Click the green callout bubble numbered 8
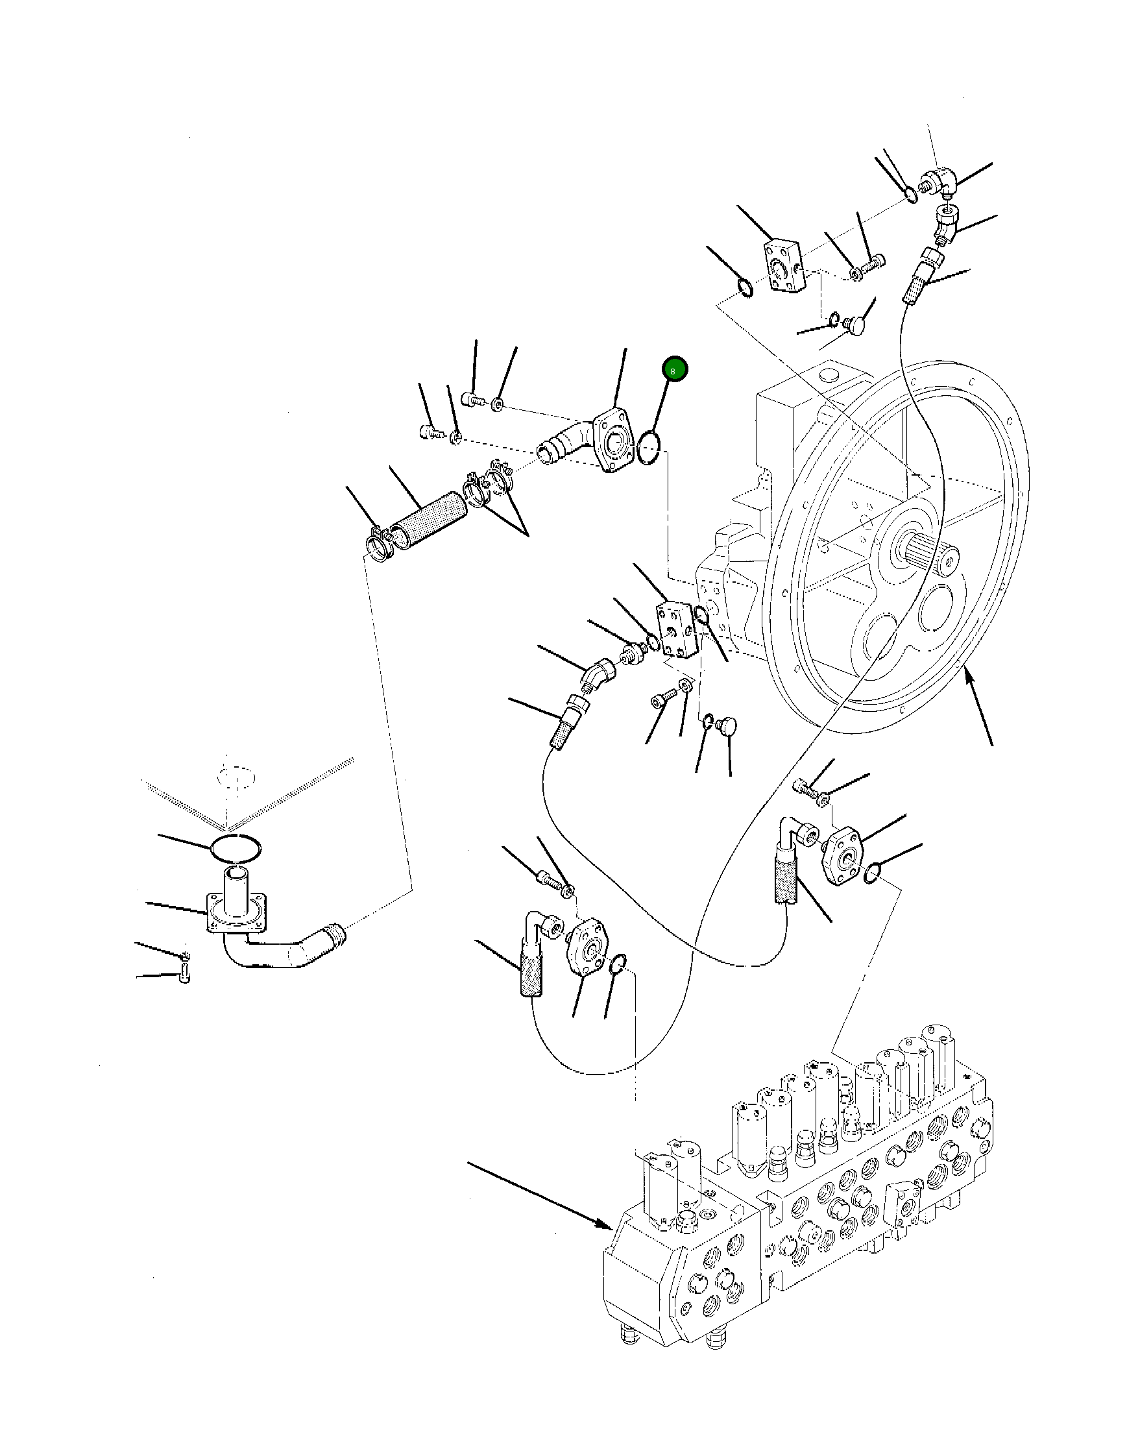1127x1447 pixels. pyautogui.click(x=673, y=371)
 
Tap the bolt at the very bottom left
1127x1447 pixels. pyautogui.click(x=185, y=975)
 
